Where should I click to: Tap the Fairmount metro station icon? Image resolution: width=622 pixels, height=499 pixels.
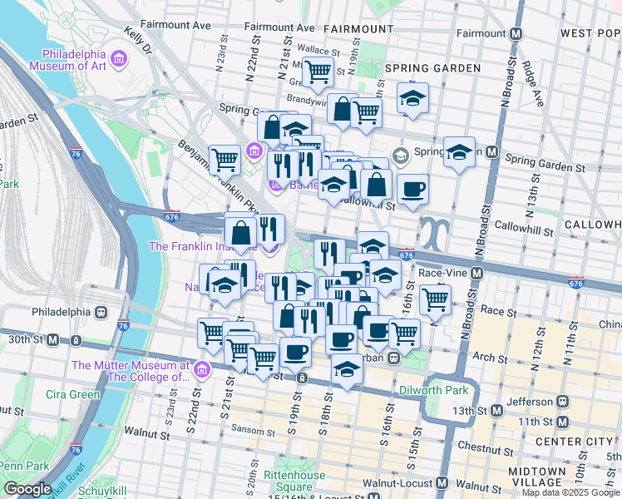point(516,34)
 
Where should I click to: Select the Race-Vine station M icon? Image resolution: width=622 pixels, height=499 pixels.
point(476,273)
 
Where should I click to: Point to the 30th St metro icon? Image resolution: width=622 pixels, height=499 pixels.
point(53,339)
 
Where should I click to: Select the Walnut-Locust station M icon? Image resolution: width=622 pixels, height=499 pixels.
point(441,483)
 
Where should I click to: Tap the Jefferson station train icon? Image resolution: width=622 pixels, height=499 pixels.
point(562,401)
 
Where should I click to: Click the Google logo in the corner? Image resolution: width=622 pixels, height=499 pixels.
point(27,489)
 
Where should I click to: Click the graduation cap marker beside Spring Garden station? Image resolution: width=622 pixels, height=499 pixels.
point(458,152)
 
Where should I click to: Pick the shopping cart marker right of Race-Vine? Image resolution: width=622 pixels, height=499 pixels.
point(434,299)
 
